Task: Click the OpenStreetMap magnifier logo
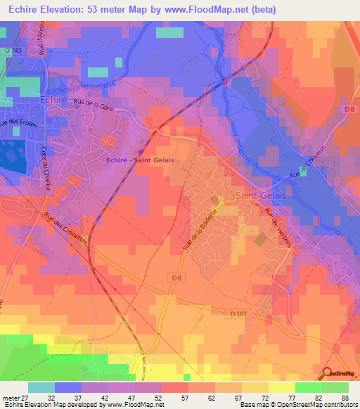[x=328, y=374]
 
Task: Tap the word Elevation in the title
[x=75, y=10]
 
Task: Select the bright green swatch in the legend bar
[x=309, y=387]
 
